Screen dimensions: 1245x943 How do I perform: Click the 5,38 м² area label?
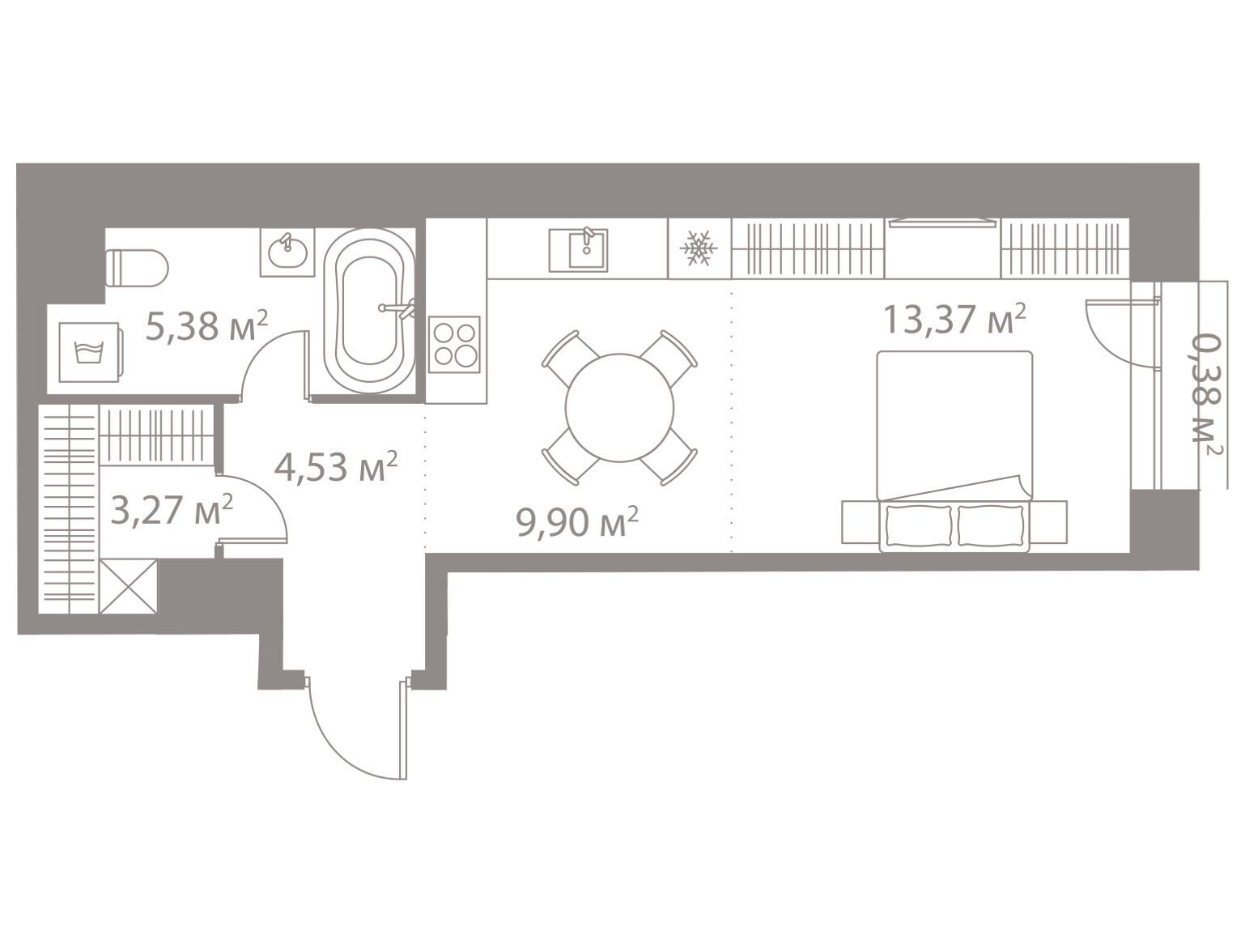pos(206,327)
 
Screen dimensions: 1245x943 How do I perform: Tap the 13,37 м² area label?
pos(954,320)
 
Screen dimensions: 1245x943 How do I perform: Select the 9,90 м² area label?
pos(577,521)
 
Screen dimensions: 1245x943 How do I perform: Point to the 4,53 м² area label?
pos(336,467)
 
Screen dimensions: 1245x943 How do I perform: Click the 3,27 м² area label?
pos(172,509)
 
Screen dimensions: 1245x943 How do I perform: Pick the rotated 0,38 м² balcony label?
pos(1206,395)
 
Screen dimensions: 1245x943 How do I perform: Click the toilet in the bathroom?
pos(138,267)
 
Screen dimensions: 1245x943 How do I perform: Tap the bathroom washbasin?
pos(287,253)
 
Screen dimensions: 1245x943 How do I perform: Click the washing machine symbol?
pos(90,352)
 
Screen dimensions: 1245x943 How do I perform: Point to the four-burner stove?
pos(454,344)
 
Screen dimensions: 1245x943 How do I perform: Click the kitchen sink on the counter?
pos(578,250)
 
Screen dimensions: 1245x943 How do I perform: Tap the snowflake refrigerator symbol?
pos(699,248)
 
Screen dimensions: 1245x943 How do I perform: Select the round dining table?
pos(619,408)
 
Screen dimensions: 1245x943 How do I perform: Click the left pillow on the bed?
pos(919,525)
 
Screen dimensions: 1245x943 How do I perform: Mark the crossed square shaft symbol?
pos(128,586)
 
